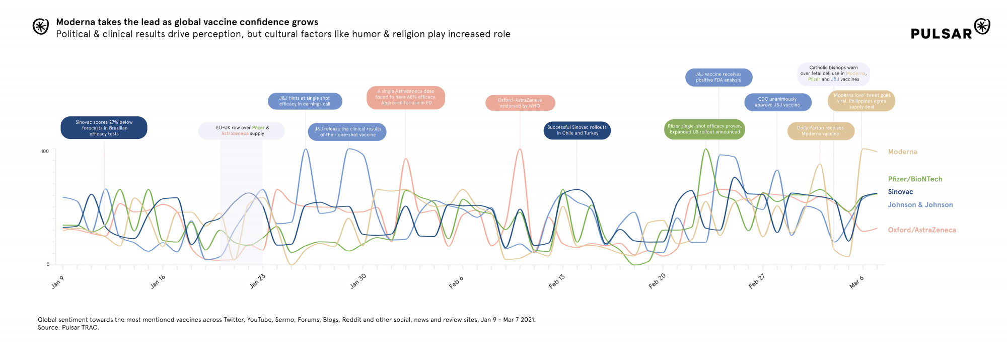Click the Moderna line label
click(x=902, y=152)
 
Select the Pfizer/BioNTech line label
click(x=915, y=179)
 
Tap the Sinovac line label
click(x=900, y=192)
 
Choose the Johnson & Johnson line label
click(x=920, y=205)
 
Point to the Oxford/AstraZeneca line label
click(x=921, y=230)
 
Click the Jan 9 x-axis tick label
click(x=58, y=282)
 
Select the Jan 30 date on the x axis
click(x=358, y=281)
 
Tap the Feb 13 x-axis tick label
click(x=557, y=281)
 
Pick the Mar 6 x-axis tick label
click(x=856, y=282)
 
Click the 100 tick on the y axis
click(x=45, y=151)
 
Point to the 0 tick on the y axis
click(x=48, y=264)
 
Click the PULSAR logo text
click(x=941, y=34)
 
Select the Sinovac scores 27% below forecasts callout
click(x=104, y=128)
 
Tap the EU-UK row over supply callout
click(x=242, y=131)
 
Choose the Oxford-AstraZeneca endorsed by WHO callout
click(x=520, y=103)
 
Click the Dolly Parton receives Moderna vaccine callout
click(x=820, y=131)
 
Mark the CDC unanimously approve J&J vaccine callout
click(x=777, y=102)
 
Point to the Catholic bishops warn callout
click(x=833, y=74)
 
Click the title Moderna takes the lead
click(x=187, y=22)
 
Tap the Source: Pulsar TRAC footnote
click(x=68, y=328)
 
